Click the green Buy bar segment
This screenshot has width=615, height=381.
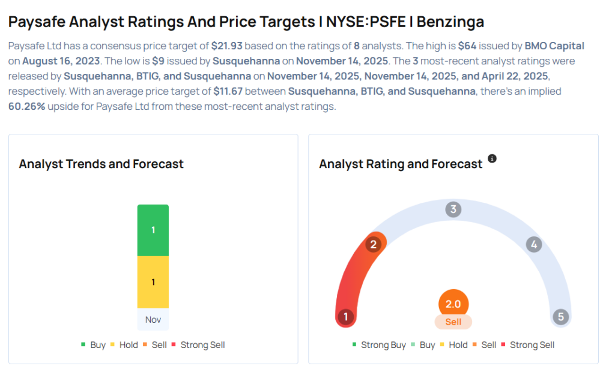pos(153,230)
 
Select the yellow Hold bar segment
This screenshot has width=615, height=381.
pos(153,282)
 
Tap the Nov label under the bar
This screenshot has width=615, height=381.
pos(153,319)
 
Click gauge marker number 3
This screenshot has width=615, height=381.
pos(453,209)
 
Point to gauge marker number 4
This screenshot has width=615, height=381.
pos(534,245)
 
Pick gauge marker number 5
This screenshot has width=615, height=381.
pos(561,316)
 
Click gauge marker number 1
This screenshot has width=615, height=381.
pos(345,316)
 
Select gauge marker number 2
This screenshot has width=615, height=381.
pos(373,245)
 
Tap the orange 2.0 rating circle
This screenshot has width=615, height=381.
pos(453,304)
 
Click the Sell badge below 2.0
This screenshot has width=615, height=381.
pos(453,322)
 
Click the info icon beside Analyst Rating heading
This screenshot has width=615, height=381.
pos(492,158)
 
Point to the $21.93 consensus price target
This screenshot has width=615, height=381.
pos(226,46)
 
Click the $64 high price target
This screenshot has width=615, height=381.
pos(467,46)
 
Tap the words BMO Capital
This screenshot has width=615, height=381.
pos(554,46)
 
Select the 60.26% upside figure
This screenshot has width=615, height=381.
pos(26,106)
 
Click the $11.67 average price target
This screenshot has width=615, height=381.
pos(228,91)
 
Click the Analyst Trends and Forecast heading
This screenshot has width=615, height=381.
pos(101,164)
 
